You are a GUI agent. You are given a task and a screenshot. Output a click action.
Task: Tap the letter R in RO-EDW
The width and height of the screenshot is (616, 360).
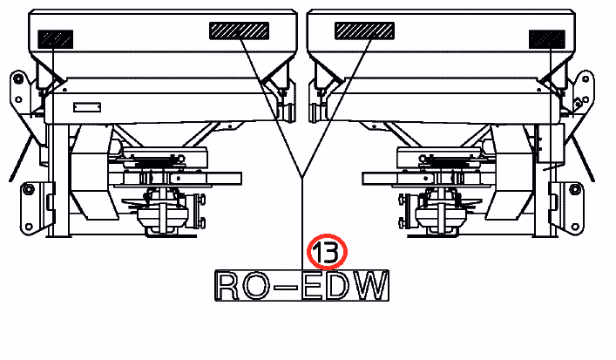(x=227, y=286)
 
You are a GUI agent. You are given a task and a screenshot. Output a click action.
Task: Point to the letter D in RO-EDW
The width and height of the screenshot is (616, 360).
(x=338, y=286)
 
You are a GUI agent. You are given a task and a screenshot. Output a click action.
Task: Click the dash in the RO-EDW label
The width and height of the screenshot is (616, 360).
(x=286, y=288)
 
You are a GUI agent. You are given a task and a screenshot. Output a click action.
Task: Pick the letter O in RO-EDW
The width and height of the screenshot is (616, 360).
(x=255, y=286)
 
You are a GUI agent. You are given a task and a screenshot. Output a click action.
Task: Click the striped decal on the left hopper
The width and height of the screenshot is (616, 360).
(x=240, y=31)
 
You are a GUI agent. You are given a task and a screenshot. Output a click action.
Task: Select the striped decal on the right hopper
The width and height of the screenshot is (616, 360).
(x=364, y=31)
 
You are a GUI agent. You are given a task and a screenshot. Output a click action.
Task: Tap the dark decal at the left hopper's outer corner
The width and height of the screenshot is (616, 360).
(x=56, y=39)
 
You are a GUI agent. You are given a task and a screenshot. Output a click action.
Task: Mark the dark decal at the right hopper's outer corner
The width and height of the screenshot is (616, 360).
(x=547, y=39)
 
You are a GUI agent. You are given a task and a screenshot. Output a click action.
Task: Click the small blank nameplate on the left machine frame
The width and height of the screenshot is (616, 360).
(x=87, y=107)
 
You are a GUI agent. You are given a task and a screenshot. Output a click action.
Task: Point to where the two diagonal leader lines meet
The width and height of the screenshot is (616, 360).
(x=301, y=177)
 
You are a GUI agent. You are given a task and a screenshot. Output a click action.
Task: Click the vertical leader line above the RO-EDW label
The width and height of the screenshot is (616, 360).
(x=301, y=224)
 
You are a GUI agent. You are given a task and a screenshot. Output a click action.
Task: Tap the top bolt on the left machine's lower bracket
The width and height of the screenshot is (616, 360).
(x=28, y=189)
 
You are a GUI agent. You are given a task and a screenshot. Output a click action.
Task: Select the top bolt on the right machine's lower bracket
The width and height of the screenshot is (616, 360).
(x=575, y=189)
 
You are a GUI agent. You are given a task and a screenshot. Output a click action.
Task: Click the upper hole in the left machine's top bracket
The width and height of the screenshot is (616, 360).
(x=17, y=79)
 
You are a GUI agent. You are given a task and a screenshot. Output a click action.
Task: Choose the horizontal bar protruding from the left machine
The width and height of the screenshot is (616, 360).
(x=206, y=179)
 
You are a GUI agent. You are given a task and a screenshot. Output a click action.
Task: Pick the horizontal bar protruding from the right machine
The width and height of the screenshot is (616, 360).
(x=398, y=179)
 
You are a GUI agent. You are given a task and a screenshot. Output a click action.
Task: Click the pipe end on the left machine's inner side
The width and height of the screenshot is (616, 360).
(x=288, y=112)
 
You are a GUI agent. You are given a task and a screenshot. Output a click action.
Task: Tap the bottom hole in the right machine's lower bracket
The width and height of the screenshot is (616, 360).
(x=575, y=227)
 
